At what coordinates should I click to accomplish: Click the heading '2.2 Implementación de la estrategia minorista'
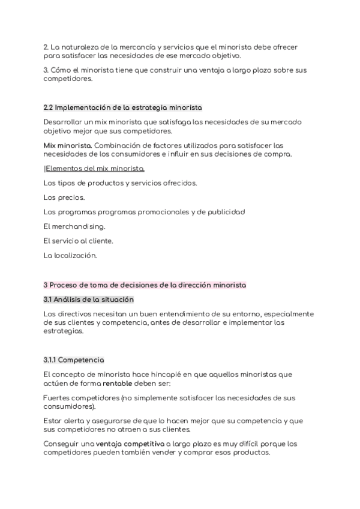(123, 107)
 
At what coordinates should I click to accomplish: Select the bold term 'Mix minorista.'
(67, 145)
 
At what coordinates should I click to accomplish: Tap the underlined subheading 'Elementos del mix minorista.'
(95, 169)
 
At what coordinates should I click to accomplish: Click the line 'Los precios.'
(64, 197)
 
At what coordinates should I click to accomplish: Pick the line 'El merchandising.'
(74, 226)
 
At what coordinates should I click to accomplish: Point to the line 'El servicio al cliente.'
(78, 241)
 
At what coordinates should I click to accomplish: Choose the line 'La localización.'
(70, 255)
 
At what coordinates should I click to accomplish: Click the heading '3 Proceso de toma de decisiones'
(145, 285)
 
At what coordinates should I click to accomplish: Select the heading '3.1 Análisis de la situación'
(88, 299)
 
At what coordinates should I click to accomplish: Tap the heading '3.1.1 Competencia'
(74, 360)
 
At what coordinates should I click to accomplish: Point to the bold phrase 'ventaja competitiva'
(130, 444)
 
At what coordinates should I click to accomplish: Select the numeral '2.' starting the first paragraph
(46, 47)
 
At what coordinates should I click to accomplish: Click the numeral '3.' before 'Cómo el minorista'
(46, 70)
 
